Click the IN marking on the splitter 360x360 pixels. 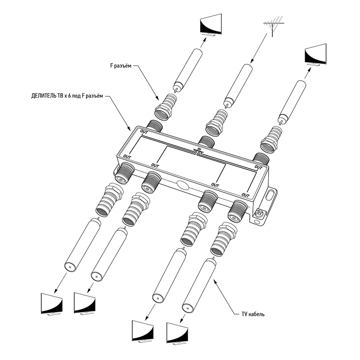click(199, 149)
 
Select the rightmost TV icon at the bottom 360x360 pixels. click(179, 333)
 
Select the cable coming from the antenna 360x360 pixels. click(238, 85)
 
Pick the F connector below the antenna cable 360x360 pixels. click(217, 122)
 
